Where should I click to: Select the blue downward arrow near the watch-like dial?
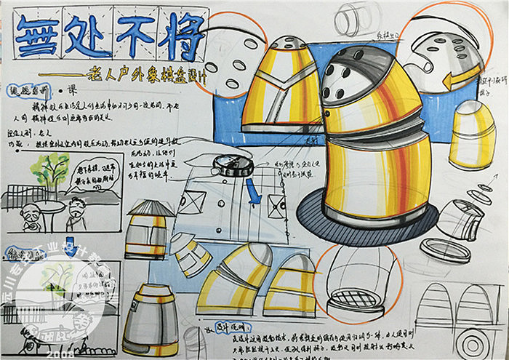coord(252,191)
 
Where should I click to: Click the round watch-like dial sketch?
coord(232,164)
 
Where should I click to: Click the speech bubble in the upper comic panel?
coord(90,177)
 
